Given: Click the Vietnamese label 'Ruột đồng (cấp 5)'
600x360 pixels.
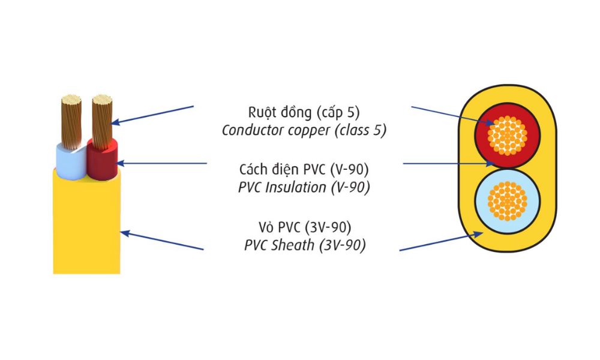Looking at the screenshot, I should click(304, 112).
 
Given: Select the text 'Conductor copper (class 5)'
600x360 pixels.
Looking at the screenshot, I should click(304, 130).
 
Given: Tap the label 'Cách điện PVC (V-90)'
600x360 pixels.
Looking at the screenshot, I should click(304, 169).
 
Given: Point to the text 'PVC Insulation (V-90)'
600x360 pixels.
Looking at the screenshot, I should click(304, 187).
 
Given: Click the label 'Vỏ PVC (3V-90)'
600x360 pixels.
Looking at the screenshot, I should click(304, 227).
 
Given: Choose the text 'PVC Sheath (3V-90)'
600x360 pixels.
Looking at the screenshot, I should click(304, 245).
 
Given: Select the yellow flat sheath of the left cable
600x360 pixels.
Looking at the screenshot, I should click(87, 228).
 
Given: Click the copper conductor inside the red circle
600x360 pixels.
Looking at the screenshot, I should click(508, 134).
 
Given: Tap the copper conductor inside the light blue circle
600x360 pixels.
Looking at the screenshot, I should click(508, 200).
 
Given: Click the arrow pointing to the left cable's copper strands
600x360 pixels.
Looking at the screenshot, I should click(153, 115).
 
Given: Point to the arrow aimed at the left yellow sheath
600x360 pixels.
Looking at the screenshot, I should click(162, 241).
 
